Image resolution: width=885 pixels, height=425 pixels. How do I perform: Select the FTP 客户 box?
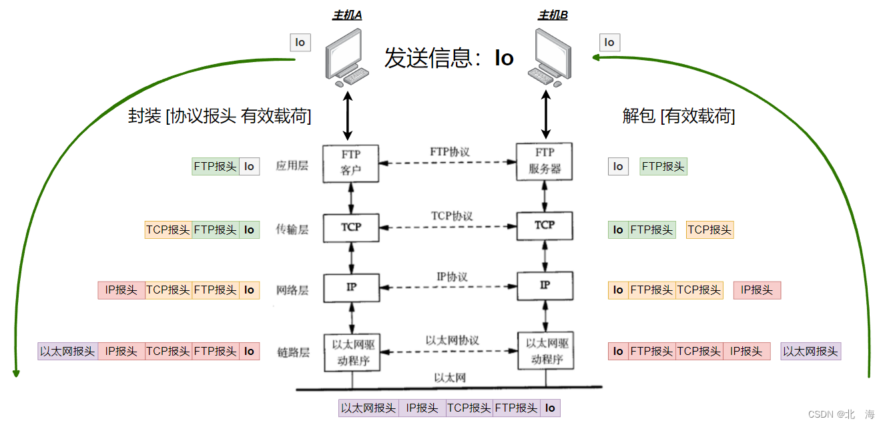click(351, 163)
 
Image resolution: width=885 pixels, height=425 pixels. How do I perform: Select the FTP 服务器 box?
click(545, 162)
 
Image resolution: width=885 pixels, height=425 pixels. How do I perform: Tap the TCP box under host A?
click(351, 227)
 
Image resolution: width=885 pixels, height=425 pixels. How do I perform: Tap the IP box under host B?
click(545, 285)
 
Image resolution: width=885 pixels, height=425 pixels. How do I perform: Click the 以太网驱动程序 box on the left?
click(351, 353)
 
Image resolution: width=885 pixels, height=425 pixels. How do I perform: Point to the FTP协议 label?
click(449, 152)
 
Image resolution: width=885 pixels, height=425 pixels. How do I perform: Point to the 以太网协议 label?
click(452, 340)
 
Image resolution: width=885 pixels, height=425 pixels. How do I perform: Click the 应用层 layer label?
click(292, 166)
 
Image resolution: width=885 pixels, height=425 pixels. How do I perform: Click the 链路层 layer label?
click(292, 352)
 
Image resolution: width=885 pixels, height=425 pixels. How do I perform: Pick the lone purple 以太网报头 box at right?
click(810, 351)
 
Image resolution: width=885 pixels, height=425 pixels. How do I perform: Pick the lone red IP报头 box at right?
click(757, 290)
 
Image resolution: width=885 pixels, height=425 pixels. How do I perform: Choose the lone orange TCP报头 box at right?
click(709, 230)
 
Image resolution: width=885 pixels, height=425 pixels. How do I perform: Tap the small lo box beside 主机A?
click(300, 43)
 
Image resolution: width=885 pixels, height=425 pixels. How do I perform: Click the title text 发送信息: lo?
click(449, 59)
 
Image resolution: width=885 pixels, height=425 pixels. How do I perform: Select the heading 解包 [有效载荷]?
click(678, 116)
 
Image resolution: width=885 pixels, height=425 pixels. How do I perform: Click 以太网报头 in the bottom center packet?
click(368, 408)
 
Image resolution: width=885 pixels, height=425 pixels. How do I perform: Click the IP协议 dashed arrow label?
click(452, 277)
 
